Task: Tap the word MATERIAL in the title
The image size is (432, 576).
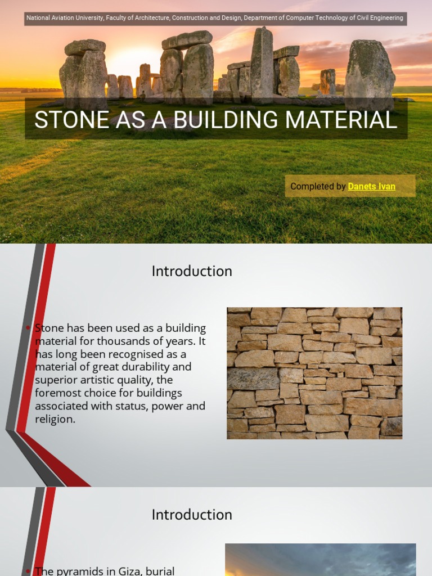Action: (x=346, y=120)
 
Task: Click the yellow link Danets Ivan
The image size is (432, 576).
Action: (x=371, y=186)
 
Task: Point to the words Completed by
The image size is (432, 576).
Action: (x=318, y=186)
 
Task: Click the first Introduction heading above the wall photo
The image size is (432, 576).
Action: (x=192, y=271)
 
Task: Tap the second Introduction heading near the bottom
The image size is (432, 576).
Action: (x=192, y=515)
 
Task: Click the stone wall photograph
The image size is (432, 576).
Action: (x=314, y=373)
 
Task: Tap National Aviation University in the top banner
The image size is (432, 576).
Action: (x=65, y=18)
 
